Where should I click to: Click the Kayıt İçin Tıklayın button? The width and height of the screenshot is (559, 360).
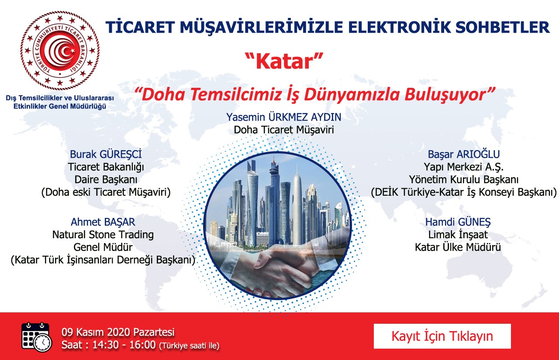(442, 336)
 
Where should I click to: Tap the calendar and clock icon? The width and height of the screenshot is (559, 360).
(36, 337)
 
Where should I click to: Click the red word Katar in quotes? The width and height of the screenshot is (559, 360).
(284, 62)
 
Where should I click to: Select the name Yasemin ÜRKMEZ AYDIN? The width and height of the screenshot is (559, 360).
(284, 117)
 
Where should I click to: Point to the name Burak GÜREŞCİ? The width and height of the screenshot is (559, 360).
(106, 154)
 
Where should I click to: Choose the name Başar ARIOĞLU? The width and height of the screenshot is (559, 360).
(464, 154)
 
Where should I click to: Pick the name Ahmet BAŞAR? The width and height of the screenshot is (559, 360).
(103, 222)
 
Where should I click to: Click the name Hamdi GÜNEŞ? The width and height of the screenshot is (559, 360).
(458, 222)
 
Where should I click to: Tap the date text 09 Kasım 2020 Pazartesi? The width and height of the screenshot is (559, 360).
(118, 332)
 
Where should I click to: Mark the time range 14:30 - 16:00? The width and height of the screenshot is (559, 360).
(124, 345)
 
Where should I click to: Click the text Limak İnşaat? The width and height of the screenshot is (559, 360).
(458, 235)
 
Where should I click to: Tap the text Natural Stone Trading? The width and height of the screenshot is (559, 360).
(103, 235)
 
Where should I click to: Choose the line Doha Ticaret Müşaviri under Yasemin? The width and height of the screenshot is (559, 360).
(284, 130)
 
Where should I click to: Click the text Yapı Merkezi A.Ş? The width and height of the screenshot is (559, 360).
(464, 167)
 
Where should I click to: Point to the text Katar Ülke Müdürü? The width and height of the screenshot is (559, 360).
(458, 247)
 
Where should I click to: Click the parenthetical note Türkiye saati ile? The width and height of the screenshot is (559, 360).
(190, 346)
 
